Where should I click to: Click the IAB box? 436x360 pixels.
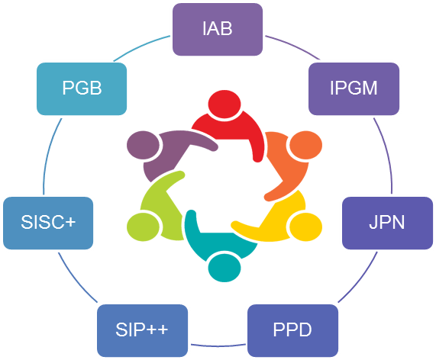(218, 29)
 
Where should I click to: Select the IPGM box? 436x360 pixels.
(354, 89)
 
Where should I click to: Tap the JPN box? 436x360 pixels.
(387, 223)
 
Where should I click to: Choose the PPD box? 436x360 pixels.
(292, 330)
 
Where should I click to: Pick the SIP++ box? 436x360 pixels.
(142, 330)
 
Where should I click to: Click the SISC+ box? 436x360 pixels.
(48, 223)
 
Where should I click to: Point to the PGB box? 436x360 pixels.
(82, 89)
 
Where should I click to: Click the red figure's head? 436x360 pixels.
(224, 104)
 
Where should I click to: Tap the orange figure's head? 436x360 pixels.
(306, 145)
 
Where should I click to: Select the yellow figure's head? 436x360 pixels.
(306, 227)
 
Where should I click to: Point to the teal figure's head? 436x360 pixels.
(224, 268)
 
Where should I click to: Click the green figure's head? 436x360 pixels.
(143, 227)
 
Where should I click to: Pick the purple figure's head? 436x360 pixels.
(143, 145)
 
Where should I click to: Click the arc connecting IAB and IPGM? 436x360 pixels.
(294, 45)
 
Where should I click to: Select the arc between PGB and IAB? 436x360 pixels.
(140, 47)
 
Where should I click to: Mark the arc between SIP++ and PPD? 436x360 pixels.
(218, 346)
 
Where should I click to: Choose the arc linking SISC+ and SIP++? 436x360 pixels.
(76, 279)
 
